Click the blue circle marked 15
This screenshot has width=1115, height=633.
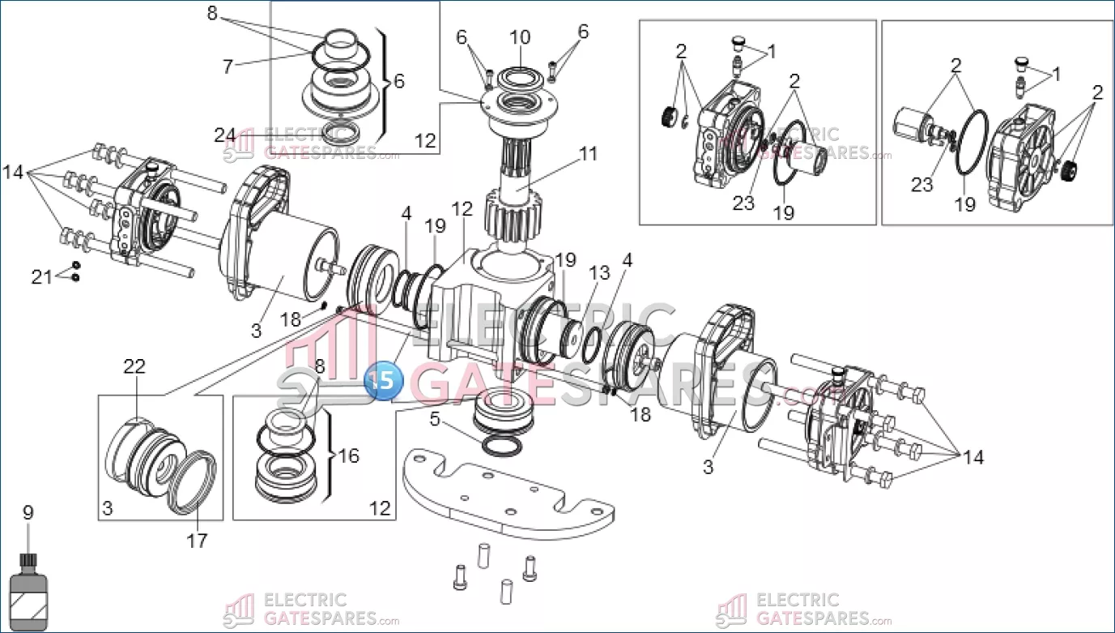pos(384,379)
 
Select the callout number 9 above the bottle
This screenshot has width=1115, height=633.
pos(28,513)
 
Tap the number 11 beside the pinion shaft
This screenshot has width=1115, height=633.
pos(588,153)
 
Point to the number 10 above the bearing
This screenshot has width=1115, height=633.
pos(520,37)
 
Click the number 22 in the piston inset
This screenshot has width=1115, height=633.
pos(134,366)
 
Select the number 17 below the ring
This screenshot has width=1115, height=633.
pos(197,540)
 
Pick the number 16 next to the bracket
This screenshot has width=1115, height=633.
pos(348,456)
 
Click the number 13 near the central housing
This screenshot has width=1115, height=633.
pos(600,273)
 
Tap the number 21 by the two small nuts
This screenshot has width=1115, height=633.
pos(41,277)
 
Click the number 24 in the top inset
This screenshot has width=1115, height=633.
pos(225,135)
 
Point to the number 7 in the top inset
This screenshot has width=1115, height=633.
pos(228,66)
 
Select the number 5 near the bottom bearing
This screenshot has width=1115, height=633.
pos(435,419)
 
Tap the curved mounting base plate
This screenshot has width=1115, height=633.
pos(502,494)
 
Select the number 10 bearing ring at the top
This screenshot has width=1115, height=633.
pos(520,79)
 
